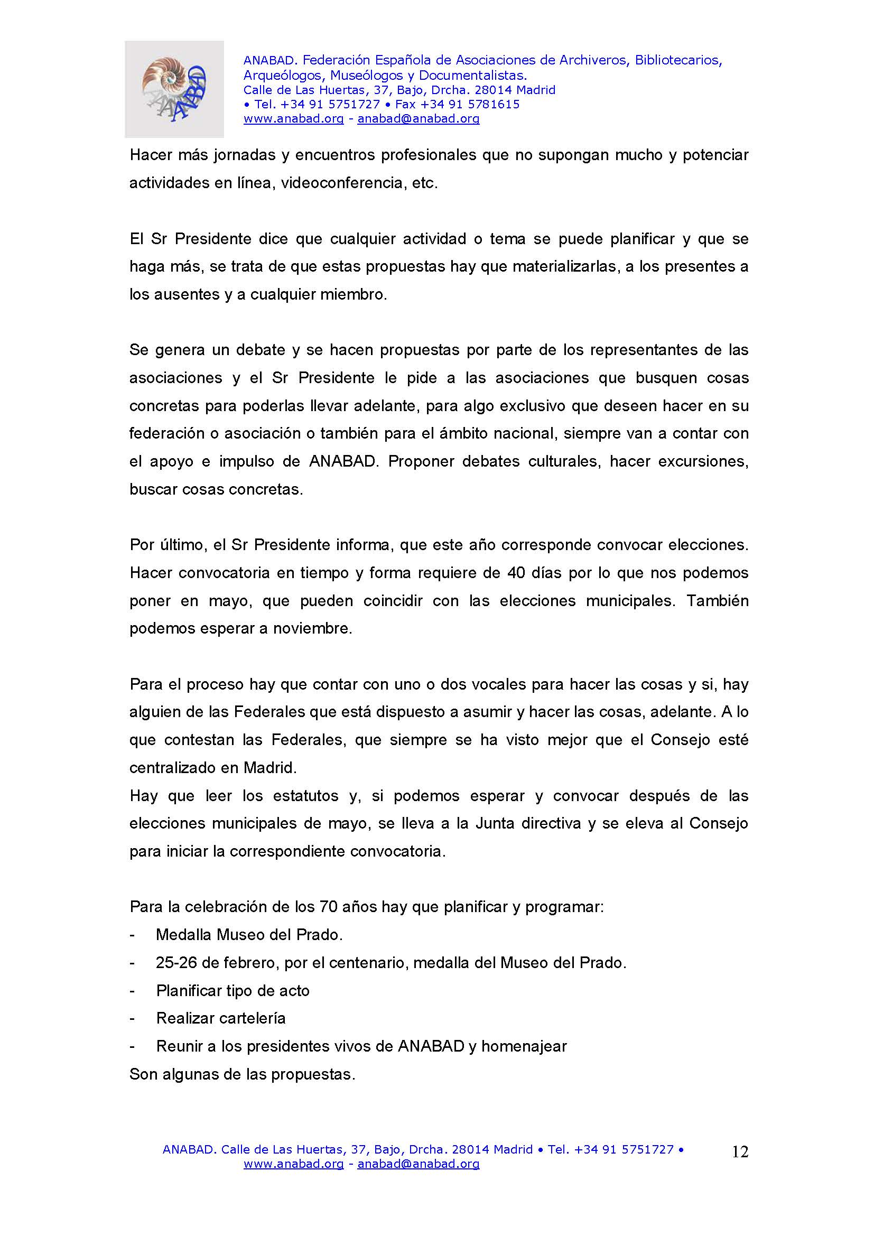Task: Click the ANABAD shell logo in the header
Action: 174,89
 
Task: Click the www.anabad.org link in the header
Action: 293,119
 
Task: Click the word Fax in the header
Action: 406,105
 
